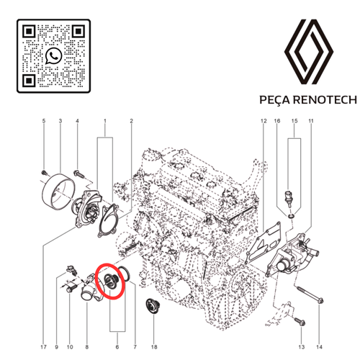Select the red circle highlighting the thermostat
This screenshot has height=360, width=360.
coord(112,279)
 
